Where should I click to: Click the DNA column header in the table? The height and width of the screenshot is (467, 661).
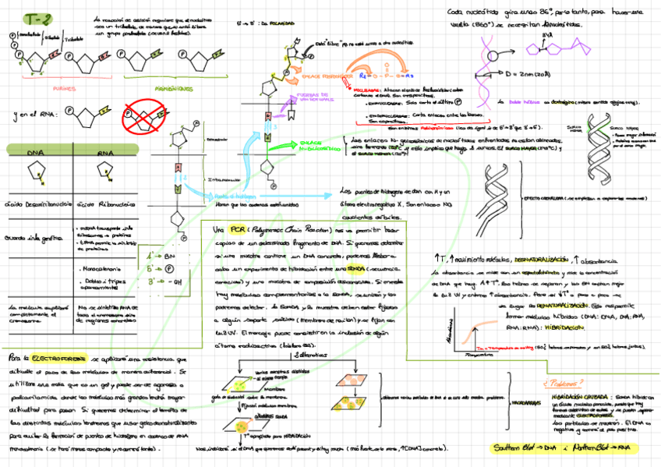click(x=36, y=153)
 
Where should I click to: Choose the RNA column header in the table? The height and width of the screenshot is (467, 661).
click(x=105, y=153)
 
